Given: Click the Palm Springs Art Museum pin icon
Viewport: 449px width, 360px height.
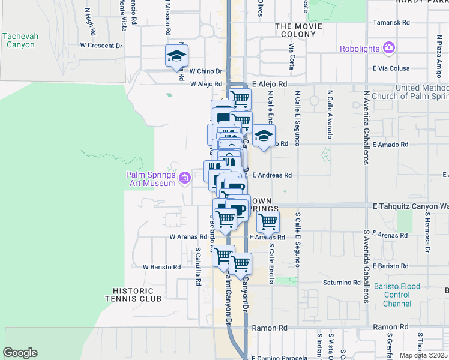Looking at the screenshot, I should (x=184, y=176).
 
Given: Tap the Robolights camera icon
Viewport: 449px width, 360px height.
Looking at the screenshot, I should (x=389, y=47).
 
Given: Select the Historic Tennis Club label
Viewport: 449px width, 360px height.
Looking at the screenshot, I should (x=133, y=294).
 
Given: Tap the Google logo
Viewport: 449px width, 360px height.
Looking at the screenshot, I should (x=20, y=353).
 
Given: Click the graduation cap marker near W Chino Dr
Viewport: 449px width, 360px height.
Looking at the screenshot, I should (x=176, y=56).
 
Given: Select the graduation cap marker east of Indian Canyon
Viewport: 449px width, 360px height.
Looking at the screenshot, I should (x=263, y=136).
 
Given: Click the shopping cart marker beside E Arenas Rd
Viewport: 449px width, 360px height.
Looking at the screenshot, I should (x=268, y=221).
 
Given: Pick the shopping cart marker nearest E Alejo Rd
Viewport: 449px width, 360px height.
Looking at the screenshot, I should (x=240, y=98).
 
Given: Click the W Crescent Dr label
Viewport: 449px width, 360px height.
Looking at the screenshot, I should (x=101, y=45).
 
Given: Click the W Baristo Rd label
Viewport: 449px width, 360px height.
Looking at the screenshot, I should (x=161, y=266).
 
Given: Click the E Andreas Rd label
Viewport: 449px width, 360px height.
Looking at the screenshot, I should (x=271, y=175).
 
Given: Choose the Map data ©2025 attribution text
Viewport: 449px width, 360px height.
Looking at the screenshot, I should (x=424, y=355).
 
